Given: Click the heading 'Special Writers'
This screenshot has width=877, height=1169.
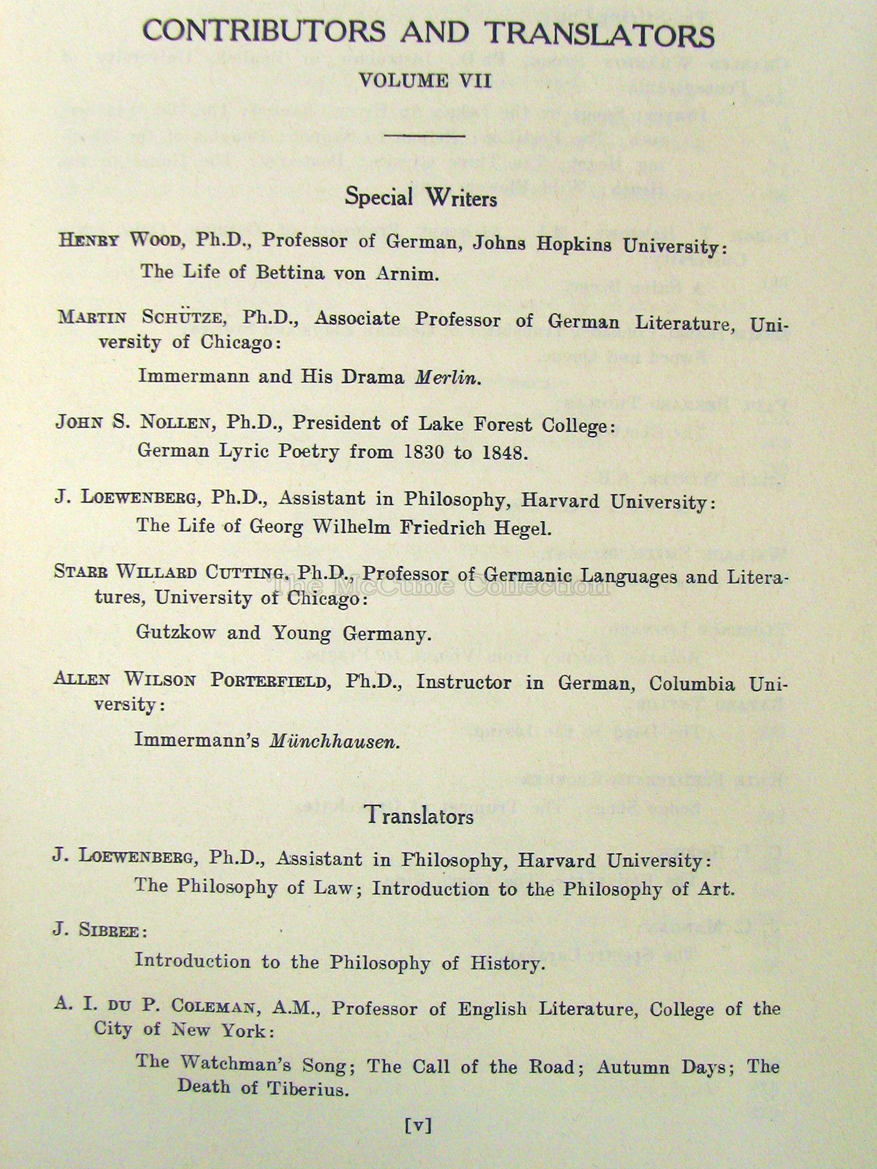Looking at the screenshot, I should click(x=421, y=197).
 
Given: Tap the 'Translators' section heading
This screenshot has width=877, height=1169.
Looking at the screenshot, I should click(x=420, y=816).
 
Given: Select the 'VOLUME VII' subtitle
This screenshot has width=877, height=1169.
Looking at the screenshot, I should click(x=425, y=80).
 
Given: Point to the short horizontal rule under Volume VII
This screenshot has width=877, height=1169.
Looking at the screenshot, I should click(x=425, y=136).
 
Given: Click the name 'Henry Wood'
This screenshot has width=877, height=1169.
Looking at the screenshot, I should click(x=117, y=239).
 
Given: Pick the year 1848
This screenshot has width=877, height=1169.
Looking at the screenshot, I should click(x=502, y=453).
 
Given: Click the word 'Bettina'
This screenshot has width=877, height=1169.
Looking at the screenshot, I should click(x=282, y=272).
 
